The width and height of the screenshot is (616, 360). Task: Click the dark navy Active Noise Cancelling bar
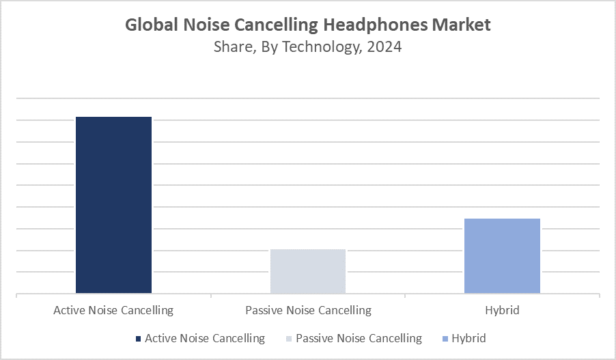[113, 205]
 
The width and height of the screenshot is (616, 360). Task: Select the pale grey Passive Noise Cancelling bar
[308, 271]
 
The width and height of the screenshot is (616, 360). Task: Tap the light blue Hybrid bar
[502, 256]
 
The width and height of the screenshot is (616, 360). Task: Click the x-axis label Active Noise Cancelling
[113, 310]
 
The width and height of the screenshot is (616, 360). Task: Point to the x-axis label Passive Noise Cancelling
[308, 310]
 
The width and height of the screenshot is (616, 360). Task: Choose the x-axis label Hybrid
[502, 310]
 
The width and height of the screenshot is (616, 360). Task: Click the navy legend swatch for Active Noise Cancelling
[139, 339]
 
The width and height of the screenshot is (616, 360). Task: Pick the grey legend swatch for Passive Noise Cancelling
[290, 339]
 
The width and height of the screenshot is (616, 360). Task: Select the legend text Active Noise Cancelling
[205, 338]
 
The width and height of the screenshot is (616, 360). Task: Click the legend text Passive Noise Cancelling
[359, 338]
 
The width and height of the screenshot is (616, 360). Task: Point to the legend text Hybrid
[468, 338]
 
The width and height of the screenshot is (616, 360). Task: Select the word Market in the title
[464, 25]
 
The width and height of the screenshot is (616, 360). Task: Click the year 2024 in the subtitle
[384, 47]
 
